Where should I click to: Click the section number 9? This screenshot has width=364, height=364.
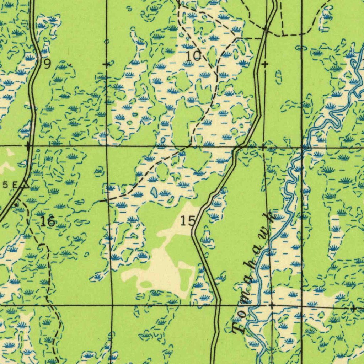click(47, 64)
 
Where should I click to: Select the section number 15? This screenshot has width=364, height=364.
click(187, 221)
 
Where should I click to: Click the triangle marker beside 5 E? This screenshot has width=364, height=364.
click(24, 184)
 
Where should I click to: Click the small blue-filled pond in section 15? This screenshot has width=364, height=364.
click(154, 192)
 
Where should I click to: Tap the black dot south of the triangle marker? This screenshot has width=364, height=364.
click(16, 205)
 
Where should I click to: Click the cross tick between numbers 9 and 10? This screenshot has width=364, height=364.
click(106, 64)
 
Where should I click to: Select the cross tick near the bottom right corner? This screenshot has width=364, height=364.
click(353, 309)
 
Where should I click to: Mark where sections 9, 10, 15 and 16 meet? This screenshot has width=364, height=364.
click(107, 146)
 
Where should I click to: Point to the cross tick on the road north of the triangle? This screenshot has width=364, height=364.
click(28, 146)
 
